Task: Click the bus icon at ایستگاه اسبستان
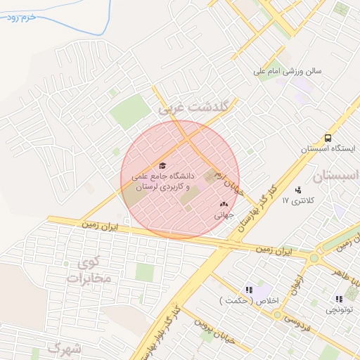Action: (328, 139)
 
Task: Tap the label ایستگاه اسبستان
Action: (328, 149)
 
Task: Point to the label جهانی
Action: (224, 216)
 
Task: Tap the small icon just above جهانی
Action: (224, 205)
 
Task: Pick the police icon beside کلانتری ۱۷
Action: (299, 189)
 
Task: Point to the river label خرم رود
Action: (22, 17)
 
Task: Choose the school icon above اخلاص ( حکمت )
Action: (249, 289)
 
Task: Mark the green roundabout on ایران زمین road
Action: (314, 258)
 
